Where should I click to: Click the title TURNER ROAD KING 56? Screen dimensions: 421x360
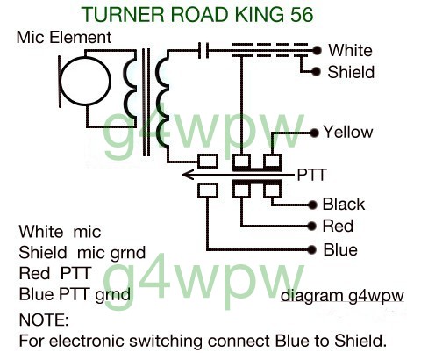(197, 14)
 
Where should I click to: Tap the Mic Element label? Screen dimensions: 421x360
(64, 38)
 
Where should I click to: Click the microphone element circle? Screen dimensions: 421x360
(85, 81)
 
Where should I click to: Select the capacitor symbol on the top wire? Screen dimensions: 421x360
(203, 50)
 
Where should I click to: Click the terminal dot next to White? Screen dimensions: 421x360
(316, 51)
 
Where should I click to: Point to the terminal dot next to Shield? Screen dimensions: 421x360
(316, 71)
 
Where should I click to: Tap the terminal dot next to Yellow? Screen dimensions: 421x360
(314, 133)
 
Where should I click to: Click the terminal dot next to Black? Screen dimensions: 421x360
(312, 205)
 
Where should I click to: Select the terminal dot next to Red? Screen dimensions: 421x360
(312, 226)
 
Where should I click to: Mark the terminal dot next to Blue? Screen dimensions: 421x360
(312, 249)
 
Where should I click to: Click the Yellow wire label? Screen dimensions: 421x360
(348, 132)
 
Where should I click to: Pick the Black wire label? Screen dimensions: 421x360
(344, 204)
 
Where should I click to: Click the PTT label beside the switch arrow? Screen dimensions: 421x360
(311, 175)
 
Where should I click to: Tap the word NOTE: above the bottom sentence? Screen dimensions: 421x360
(44, 320)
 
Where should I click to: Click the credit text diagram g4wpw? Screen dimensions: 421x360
(342, 296)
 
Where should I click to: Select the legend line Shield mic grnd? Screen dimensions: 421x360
(82, 253)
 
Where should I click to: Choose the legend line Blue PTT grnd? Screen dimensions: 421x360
(75, 295)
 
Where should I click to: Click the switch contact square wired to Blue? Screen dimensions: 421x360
(208, 191)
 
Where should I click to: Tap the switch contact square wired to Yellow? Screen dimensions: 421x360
(272, 162)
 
